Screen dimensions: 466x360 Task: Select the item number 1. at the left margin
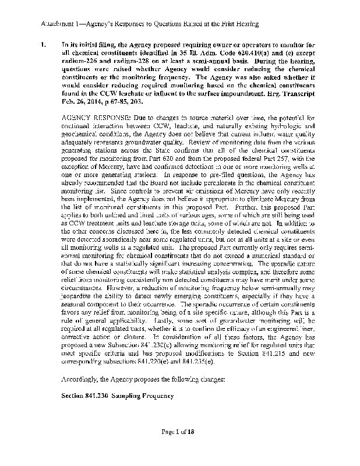(x=43, y=44)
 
